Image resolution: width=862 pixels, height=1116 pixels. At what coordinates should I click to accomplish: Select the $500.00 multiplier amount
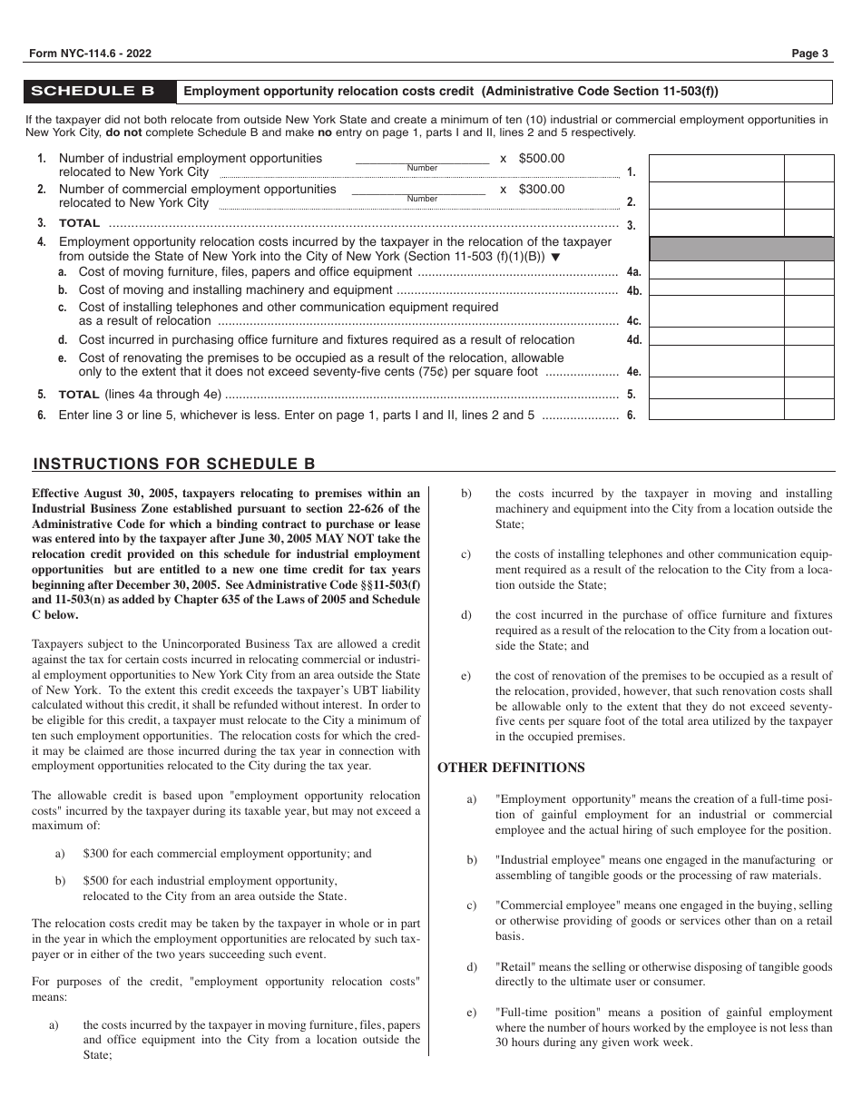[x=541, y=159]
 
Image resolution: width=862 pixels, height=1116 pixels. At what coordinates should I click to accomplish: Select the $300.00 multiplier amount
[x=541, y=190]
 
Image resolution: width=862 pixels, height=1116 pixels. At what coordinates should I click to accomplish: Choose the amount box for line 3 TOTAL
[x=717, y=222]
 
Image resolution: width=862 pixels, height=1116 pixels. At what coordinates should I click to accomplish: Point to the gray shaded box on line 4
[x=741, y=249]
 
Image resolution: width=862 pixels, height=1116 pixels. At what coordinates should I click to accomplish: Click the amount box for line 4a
[x=717, y=270]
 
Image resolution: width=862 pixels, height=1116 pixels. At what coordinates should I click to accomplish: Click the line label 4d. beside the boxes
[x=633, y=340]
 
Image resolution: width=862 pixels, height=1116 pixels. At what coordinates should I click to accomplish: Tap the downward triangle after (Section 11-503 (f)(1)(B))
[x=556, y=257]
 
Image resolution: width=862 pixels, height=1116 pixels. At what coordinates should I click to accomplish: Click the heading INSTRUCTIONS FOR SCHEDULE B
[x=174, y=464]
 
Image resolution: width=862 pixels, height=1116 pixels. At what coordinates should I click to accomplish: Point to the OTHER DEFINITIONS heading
[x=511, y=768]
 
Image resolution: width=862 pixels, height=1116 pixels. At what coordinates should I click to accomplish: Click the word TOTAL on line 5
[x=79, y=396]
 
